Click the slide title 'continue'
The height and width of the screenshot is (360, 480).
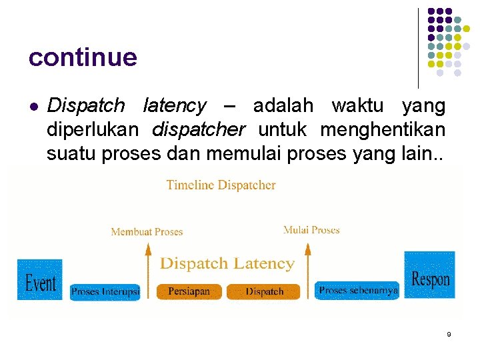(83, 57)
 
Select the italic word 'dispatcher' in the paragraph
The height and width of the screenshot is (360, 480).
(199, 130)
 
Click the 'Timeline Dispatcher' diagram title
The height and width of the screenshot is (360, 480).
(221, 185)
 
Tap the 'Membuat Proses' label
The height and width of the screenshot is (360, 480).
(147, 232)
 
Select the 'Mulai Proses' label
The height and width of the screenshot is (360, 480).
(311, 230)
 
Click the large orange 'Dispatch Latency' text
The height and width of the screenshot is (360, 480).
(227, 263)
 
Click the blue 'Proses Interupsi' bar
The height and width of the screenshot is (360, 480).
(105, 291)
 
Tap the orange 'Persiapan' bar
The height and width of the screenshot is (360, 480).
(189, 291)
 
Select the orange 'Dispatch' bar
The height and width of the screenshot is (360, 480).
(265, 291)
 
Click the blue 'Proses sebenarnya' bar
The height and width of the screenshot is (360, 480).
(358, 291)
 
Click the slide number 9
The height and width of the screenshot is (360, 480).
(449, 334)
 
